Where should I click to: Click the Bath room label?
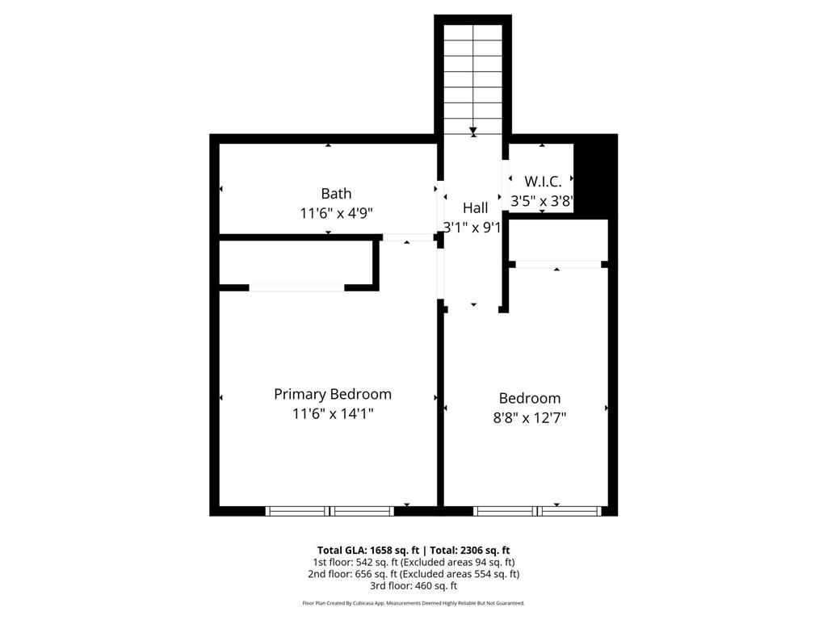coord(336,194)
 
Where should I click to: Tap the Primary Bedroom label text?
coord(332,394)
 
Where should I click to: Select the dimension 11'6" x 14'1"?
coord(333,414)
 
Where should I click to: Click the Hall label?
coord(475,207)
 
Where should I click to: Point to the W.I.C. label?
coord(543,182)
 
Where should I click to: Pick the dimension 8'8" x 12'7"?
coord(530,418)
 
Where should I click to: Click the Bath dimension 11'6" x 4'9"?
coord(336,213)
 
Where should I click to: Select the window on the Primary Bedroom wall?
coord(330,511)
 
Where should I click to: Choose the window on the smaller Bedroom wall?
coord(537,511)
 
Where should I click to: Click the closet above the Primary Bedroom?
coord(298,263)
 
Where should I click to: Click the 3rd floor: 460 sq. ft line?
coord(413,586)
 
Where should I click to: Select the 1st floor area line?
coord(413,563)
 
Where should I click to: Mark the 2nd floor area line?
coord(413,574)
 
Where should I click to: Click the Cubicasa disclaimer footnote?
coord(413,603)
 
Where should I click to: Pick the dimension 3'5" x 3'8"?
coord(542,201)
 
